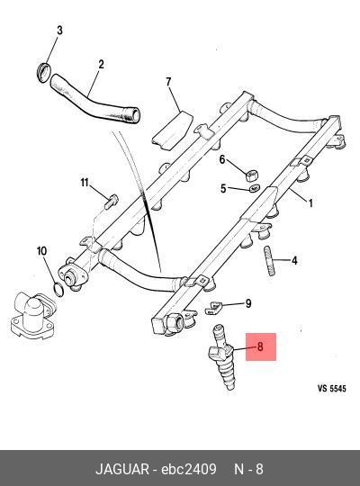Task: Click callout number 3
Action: pos(59,31)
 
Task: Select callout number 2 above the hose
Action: pos(101,64)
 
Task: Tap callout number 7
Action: pos(168,82)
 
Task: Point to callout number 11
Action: pos(85,183)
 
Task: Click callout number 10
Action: pos(42,251)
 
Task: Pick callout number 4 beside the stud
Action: pos(294,260)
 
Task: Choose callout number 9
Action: pos(248,303)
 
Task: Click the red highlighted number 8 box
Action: pos(261,346)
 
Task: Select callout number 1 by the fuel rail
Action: pos(310,202)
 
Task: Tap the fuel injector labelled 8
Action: pos(223,355)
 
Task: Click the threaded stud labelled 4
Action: pos(268,260)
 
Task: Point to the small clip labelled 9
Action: pos(214,309)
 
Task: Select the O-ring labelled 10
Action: pos(58,289)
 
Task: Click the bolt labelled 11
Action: pos(111,202)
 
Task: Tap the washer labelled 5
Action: pos(255,187)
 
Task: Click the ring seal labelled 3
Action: pos(43,72)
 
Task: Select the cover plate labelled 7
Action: pos(172,131)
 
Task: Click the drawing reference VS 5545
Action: pos(331,388)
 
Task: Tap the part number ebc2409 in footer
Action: pos(188,469)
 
